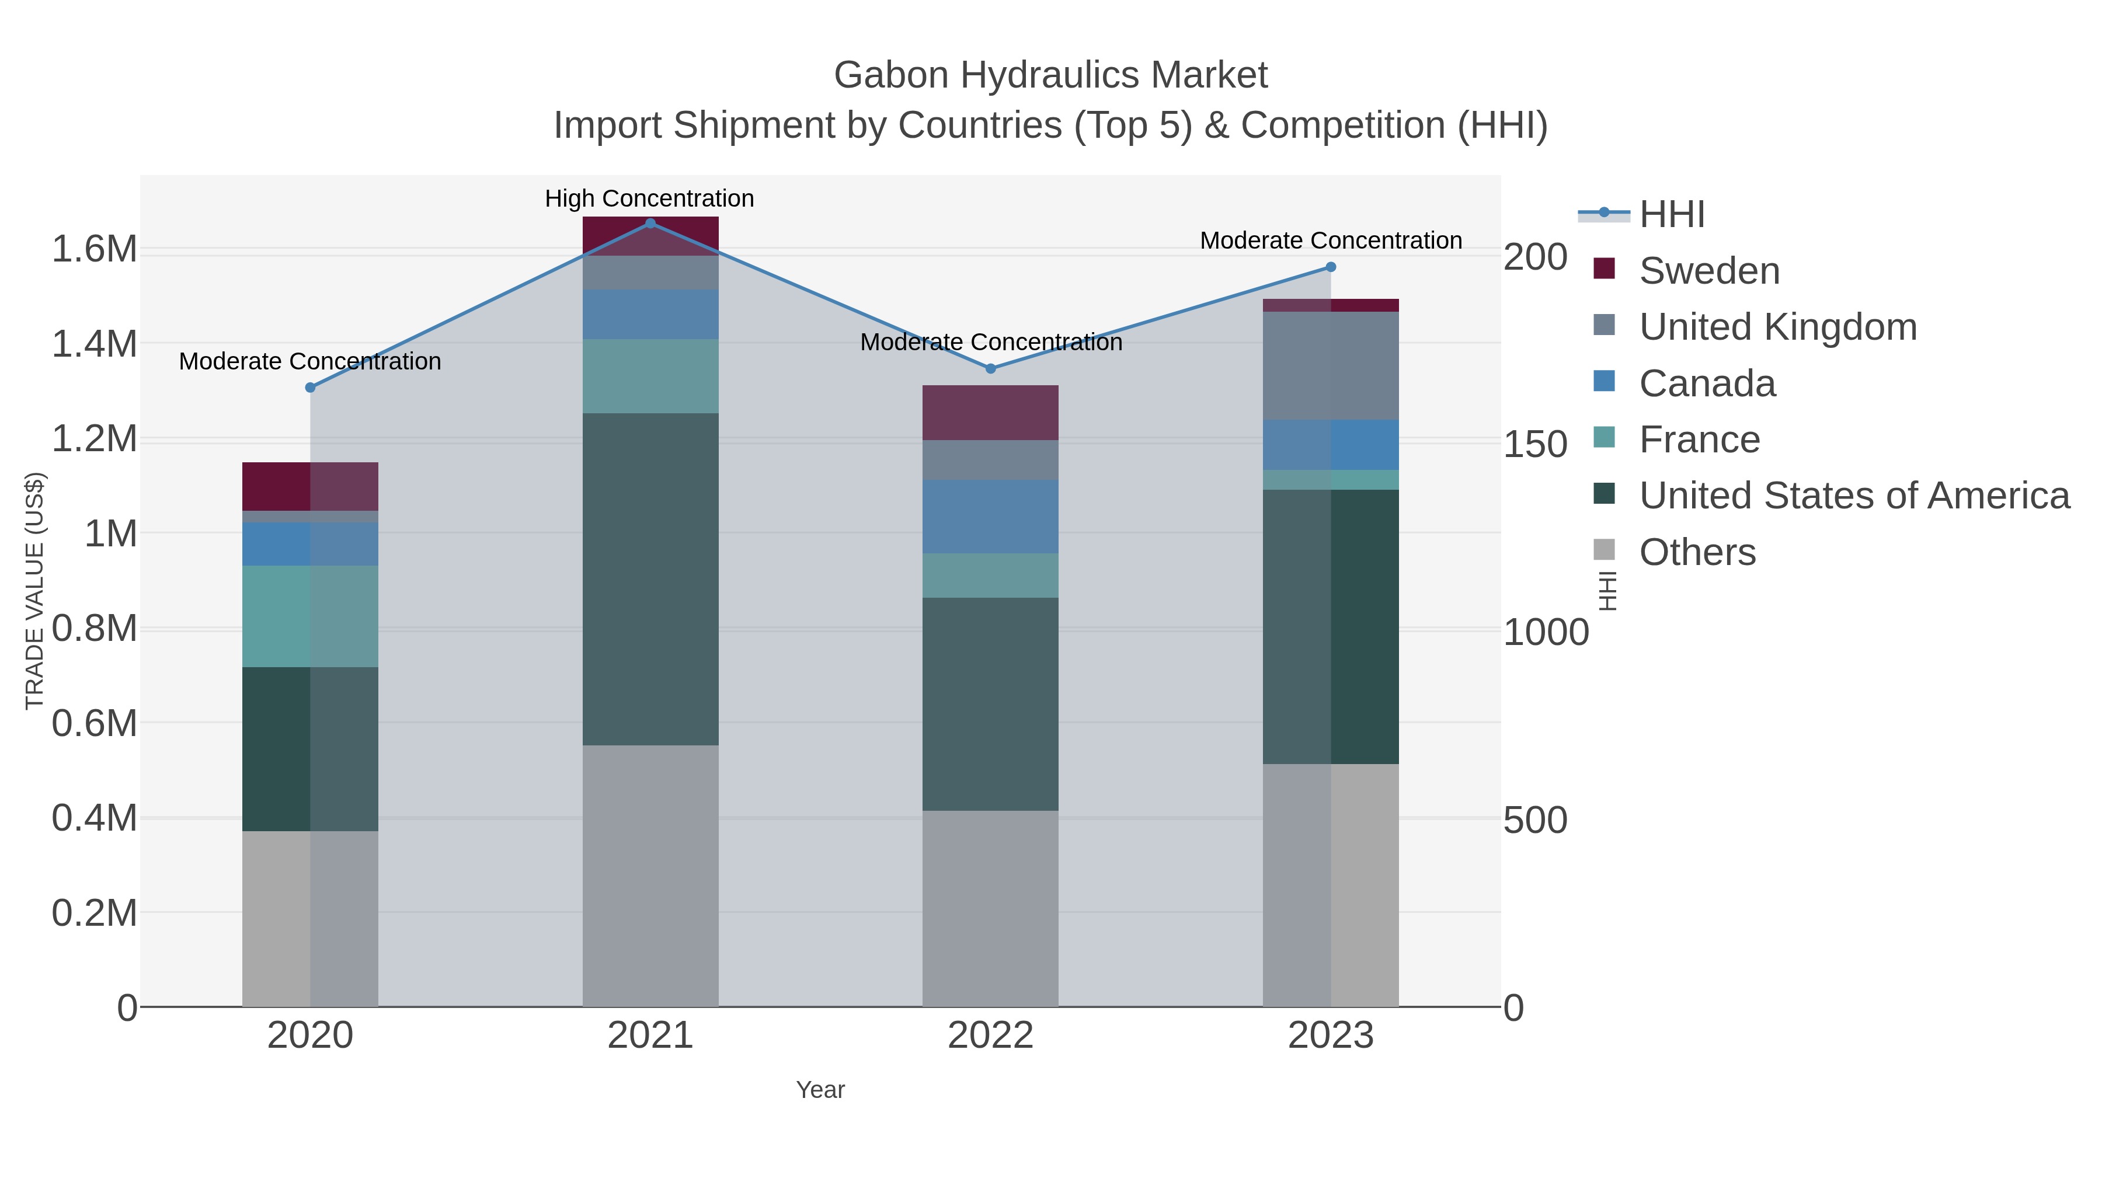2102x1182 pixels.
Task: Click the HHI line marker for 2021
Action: click(x=650, y=223)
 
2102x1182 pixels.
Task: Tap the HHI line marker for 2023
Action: click(x=1331, y=267)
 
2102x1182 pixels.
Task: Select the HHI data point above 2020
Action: click(x=310, y=388)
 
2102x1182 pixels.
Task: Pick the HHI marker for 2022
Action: click(x=991, y=369)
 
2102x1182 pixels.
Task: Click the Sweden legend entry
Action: click(x=1708, y=271)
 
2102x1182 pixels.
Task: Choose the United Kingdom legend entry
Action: click(x=1777, y=327)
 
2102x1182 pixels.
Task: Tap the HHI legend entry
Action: click(x=1671, y=215)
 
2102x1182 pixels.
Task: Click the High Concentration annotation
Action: click(x=649, y=198)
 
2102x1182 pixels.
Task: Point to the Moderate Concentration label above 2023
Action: click(x=1331, y=240)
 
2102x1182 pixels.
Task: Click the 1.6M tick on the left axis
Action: click(x=95, y=249)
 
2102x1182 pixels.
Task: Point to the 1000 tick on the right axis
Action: click(x=1546, y=632)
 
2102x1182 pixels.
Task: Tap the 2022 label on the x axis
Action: click(x=991, y=1035)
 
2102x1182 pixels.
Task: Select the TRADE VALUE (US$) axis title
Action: click(x=34, y=591)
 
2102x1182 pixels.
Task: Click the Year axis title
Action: click(x=820, y=1090)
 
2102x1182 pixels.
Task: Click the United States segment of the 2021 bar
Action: click(x=650, y=579)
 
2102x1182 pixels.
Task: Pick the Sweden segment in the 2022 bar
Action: click(x=991, y=413)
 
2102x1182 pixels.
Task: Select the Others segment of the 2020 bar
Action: click(x=310, y=919)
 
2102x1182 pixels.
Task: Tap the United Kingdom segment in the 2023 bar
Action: click(x=1331, y=365)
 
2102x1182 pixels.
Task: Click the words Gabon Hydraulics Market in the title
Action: click(x=1050, y=75)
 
